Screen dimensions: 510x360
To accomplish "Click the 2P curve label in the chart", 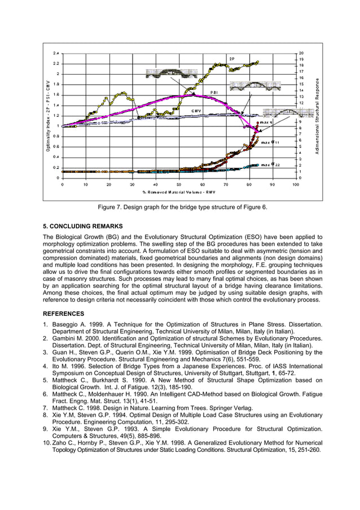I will point(231,59).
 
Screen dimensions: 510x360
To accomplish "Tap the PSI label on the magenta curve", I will point(214,92).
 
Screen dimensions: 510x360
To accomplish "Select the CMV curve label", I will point(196,111).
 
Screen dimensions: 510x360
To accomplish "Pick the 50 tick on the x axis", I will point(179,184).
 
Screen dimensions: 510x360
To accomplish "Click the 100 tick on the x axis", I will point(295,184).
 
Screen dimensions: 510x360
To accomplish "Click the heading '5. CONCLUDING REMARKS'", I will point(83,226).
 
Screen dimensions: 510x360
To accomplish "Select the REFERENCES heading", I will point(64,313).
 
